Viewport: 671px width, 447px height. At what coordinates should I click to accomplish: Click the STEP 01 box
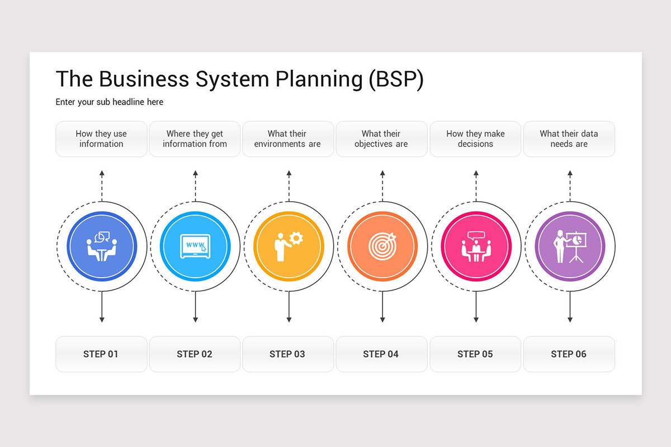[x=101, y=354]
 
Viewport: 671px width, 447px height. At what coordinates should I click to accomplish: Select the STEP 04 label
[x=381, y=354]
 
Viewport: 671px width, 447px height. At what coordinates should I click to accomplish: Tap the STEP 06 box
[x=569, y=354]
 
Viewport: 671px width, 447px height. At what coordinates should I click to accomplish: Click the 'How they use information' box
[x=101, y=139]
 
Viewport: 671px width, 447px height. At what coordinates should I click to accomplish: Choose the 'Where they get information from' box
[x=195, y=139]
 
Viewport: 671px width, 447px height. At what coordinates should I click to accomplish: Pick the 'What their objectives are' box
[x=381, y=139]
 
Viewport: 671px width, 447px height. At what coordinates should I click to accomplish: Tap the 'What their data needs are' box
[x=569, y=139]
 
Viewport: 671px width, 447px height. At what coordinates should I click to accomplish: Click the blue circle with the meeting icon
[x=101, y=246]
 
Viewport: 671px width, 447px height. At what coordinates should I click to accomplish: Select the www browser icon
[x=195, y=246]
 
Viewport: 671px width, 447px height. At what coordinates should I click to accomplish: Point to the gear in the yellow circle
[x=296, y=239]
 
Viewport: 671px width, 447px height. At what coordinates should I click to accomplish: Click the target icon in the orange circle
[x=382, y=244]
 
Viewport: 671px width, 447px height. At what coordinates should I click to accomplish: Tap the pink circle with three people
[x=476, y=246]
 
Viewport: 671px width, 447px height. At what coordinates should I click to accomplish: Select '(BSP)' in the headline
[x=396, y=79]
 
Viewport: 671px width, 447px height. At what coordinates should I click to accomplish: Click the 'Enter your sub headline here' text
[x=110, y=102]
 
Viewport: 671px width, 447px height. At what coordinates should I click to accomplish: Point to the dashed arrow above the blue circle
[x=102, y=186]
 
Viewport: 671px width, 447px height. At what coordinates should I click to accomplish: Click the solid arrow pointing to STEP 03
[x=289, y=307]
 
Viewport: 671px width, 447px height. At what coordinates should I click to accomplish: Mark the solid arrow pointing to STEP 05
[x=476, y=307]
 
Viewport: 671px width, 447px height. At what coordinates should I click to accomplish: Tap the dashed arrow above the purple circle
[x=570, y=186]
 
